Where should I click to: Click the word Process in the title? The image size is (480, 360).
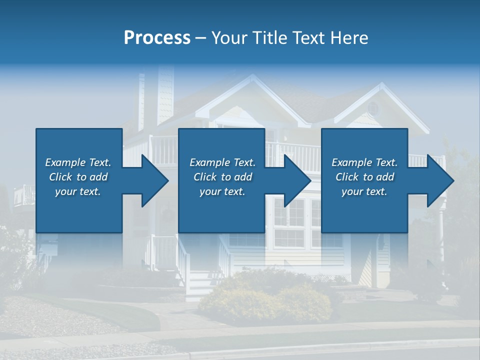point(157,38)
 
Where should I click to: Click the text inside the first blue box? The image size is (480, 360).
point(78,177)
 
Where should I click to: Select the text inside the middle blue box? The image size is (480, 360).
point(222,177)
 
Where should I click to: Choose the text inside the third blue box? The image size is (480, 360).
point(364,177)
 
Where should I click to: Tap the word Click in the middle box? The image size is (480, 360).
point(205,177)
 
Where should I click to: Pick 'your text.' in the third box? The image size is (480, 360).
point(364,191)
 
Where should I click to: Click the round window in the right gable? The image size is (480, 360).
point(373,107)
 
